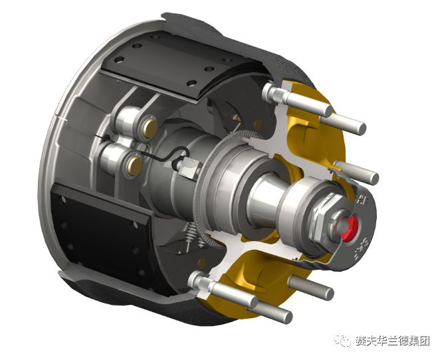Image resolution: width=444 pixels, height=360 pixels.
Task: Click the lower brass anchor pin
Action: pyautogui.click(x=133, y=162)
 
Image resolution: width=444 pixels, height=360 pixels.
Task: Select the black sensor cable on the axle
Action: pyautogui.click(x=166, y=157)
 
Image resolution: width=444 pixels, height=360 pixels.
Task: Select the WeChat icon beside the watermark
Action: pyautogui.click(x=344, y=341)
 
